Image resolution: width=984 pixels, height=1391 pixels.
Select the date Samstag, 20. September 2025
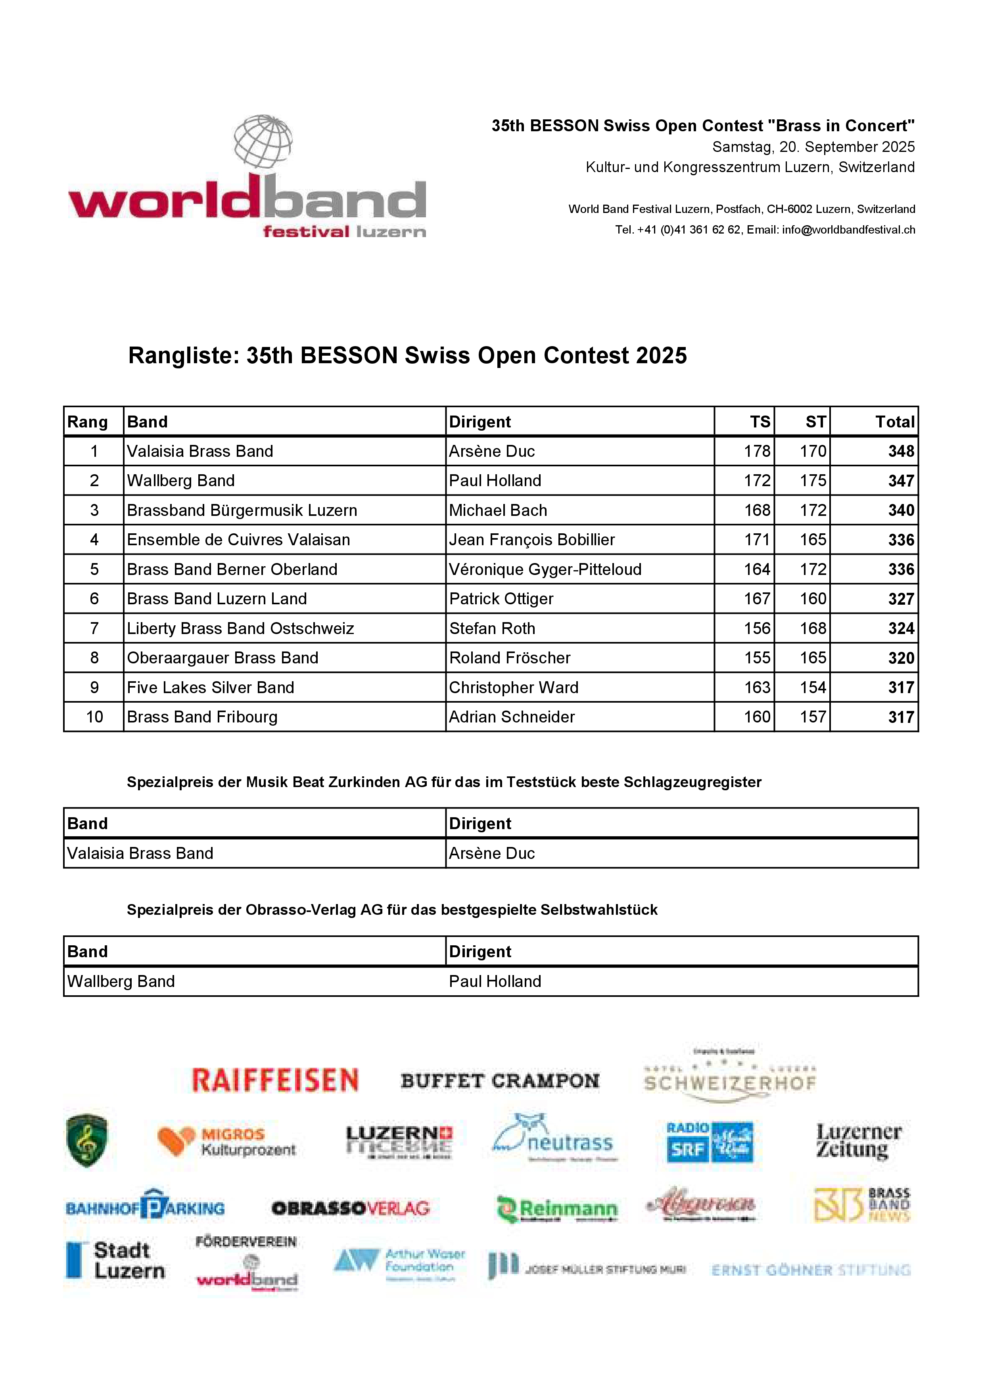click(813, 147)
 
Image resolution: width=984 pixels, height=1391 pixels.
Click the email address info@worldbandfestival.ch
click(848, 230)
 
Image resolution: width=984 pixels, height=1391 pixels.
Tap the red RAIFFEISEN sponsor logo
click(275, 1081)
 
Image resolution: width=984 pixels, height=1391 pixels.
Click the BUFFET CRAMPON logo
click(500, 1081)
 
